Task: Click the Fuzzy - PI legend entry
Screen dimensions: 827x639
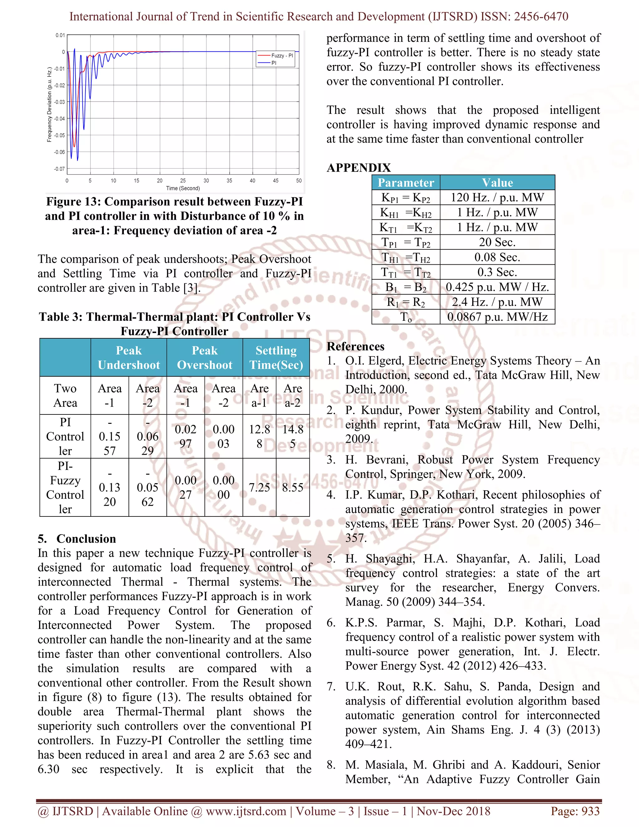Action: click(282, 55)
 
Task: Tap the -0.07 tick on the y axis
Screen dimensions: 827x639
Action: click(59, 169)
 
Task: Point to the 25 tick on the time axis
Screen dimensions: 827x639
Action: click(183, 181)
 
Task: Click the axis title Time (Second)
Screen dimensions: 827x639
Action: click(183, 188)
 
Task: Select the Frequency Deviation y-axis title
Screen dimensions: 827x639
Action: click(49, 105)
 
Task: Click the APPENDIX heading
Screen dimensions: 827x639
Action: click(359, 168)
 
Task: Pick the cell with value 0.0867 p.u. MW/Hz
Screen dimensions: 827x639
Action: click(497, 317)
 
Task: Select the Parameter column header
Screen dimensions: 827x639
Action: click(406, 183)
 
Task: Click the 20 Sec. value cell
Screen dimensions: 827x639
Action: click(497, 242)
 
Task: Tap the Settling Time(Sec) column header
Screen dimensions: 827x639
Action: click(276, 357)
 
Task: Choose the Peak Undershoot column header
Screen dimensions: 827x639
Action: click(129, 357)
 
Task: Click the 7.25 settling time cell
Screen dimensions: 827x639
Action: click(259, 487)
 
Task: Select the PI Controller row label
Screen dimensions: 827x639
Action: click(65, 436)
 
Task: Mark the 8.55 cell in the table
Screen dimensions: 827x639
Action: click(293, 487)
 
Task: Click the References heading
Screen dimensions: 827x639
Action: click(355, 346)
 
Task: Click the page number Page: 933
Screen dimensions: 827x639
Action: click(575, 811)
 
